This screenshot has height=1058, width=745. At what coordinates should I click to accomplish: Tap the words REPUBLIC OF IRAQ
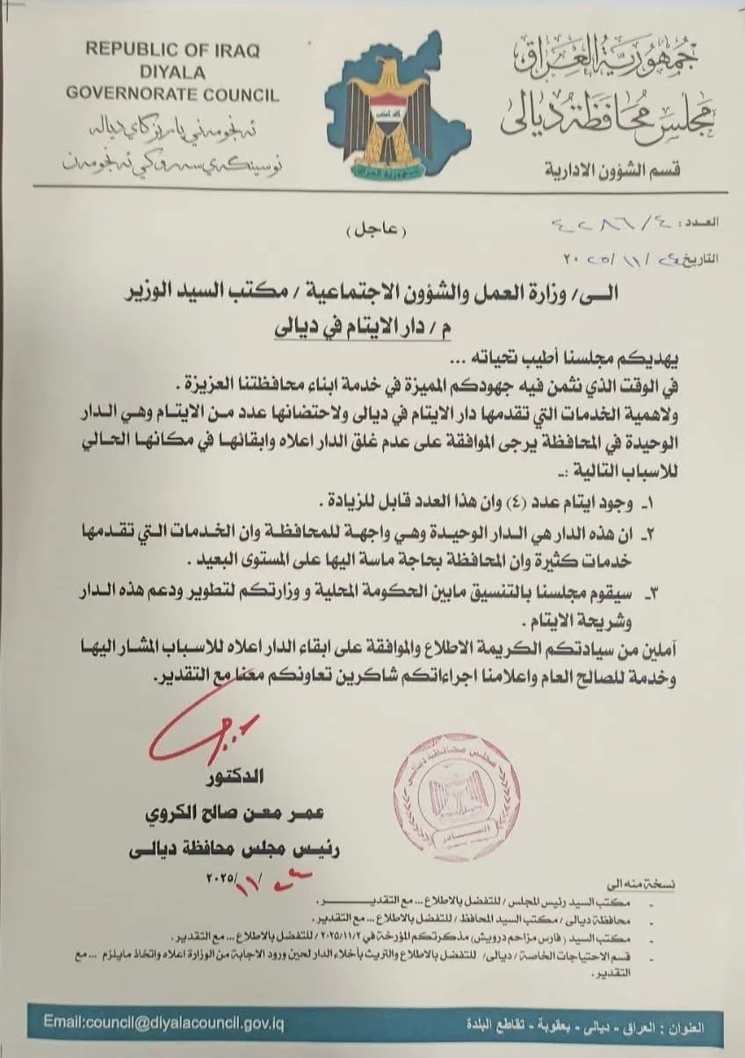pos(172,50)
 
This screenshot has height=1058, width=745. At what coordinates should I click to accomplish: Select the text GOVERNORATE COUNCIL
pos(172,96)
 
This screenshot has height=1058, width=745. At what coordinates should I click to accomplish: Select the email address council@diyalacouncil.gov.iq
pos(164,1023)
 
